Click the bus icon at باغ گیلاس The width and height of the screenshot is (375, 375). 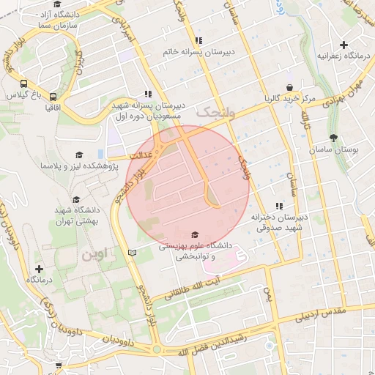click(x=24, y=83)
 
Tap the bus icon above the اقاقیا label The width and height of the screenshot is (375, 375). click(x=53, y=96)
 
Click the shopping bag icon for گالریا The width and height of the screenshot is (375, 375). click(x=289, y=87)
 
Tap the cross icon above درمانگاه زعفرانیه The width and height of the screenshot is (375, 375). click(x=344, y=45)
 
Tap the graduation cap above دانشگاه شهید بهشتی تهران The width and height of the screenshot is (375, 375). click(x=75, y=199)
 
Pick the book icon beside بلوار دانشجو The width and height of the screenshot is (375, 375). click(x=132, y=252)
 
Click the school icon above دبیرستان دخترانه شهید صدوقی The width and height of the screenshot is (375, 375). click(x=278, y=207)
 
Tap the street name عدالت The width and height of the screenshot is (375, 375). click(x=139, y=156)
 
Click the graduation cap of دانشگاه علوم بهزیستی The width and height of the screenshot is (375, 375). click(x=194, y=234)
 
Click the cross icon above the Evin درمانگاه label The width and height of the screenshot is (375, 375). click(x=39, y=269)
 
